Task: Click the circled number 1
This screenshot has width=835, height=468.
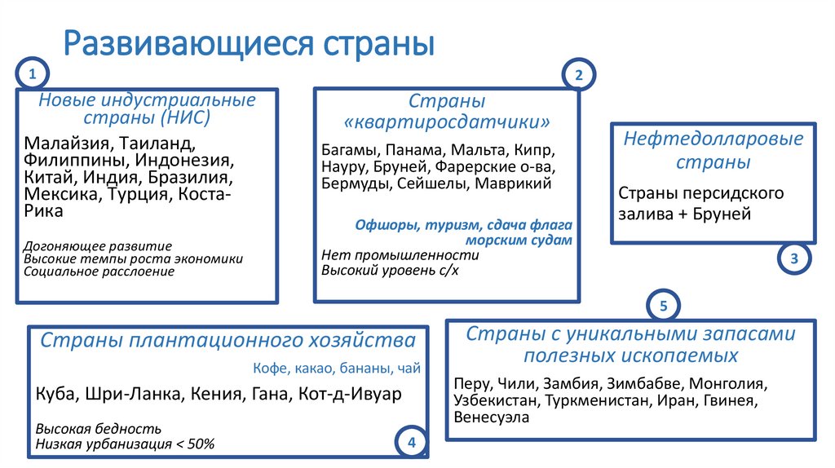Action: [32, 76]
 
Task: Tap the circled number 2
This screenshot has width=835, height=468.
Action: [579, 76]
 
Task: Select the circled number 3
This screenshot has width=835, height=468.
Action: [794, 259]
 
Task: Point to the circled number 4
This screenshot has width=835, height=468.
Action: [411, 443]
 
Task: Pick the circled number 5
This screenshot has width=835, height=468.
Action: [663, 307]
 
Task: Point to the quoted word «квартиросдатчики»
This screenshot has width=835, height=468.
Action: [447, 122]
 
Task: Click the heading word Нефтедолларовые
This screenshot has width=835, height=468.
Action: [714, 139]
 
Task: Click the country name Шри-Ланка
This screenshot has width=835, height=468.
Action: [144, 395]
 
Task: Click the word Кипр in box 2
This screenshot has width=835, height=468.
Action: [539, 152]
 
